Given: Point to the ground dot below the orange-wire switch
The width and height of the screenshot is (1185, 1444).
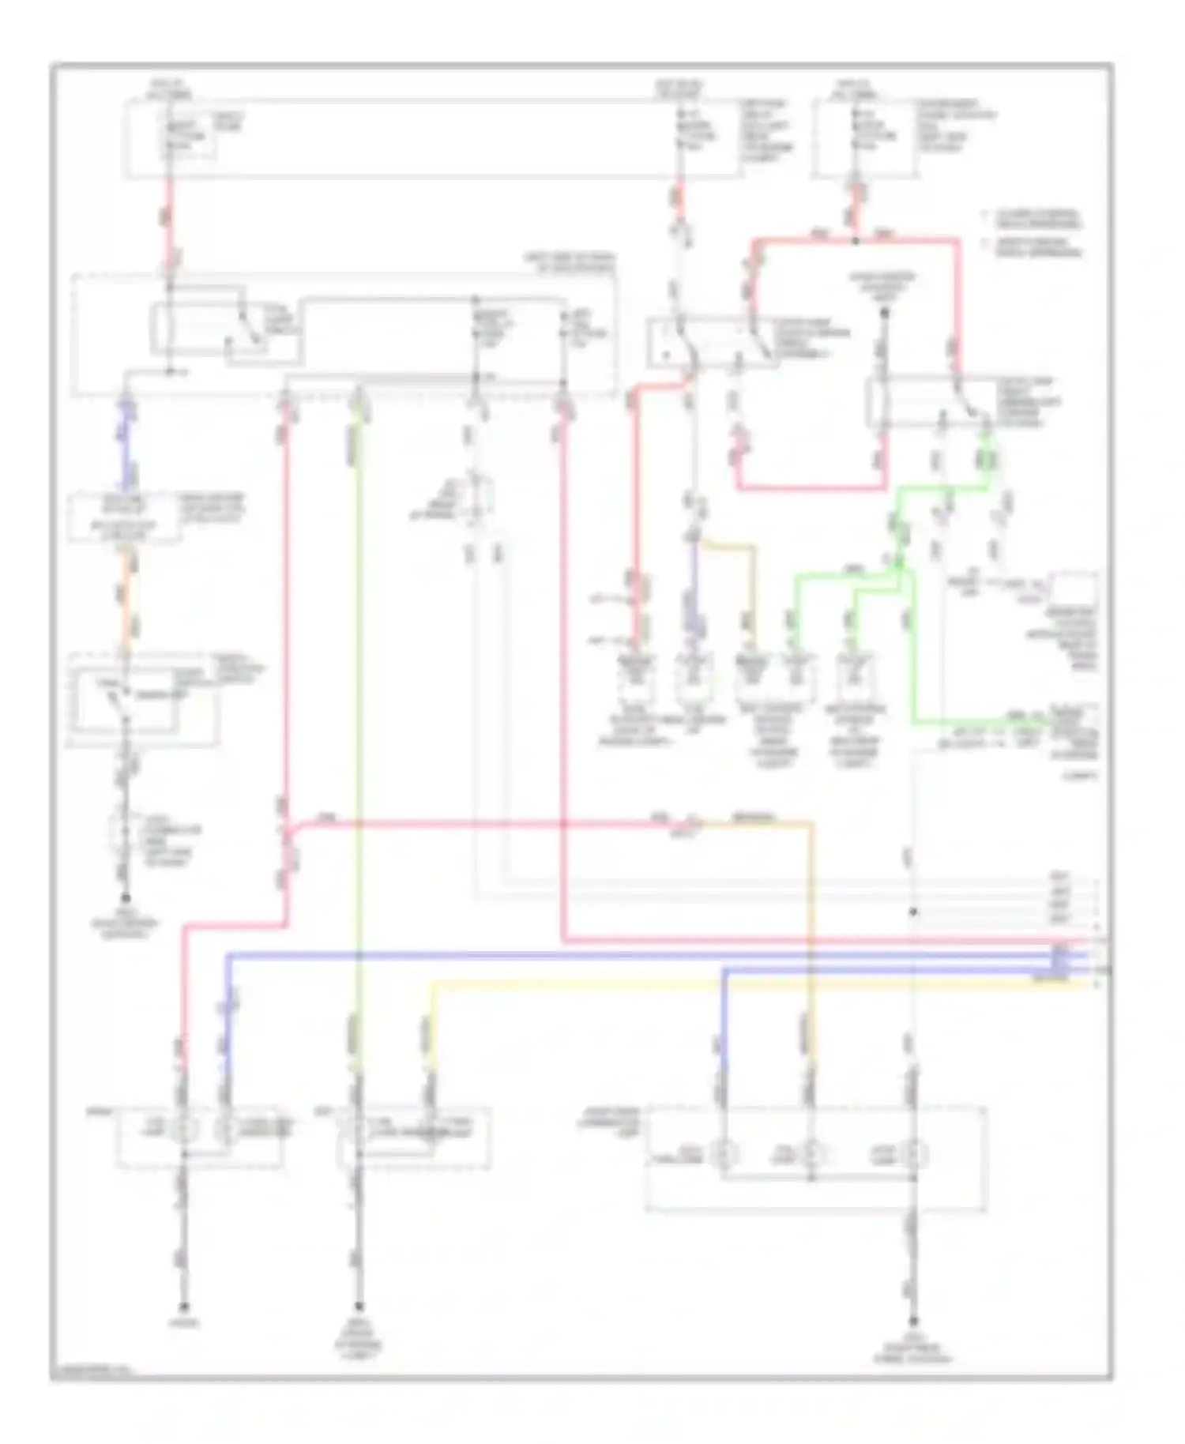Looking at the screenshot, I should point(125,898).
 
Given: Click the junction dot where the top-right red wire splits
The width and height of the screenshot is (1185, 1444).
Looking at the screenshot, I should point(856,239).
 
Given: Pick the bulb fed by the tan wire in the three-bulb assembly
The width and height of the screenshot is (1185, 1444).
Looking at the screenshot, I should point(811,1154).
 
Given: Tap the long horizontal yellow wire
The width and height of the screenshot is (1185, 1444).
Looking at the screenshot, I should point(758,984).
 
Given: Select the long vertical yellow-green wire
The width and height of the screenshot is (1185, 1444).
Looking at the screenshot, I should point(358,711).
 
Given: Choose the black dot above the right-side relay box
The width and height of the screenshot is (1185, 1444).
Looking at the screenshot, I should point(885,313).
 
